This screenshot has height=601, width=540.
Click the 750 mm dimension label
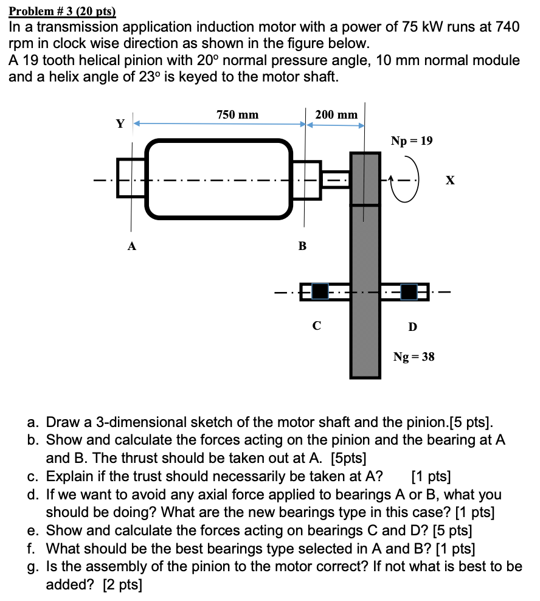237,114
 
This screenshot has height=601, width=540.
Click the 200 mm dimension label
336,114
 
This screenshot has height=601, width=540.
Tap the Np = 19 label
412,141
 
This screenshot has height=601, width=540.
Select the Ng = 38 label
414,356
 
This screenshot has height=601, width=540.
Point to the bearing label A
131,246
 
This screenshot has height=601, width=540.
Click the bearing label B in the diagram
302,246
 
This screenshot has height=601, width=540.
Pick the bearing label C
316,325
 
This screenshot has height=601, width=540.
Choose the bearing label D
412,327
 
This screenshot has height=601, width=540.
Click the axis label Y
120,124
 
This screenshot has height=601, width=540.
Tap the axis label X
450,181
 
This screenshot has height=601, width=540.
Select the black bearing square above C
320,292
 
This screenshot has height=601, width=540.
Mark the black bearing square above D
409,292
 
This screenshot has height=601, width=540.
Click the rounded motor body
219,179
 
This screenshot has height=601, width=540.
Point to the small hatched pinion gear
365,179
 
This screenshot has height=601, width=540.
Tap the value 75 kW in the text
424,27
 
